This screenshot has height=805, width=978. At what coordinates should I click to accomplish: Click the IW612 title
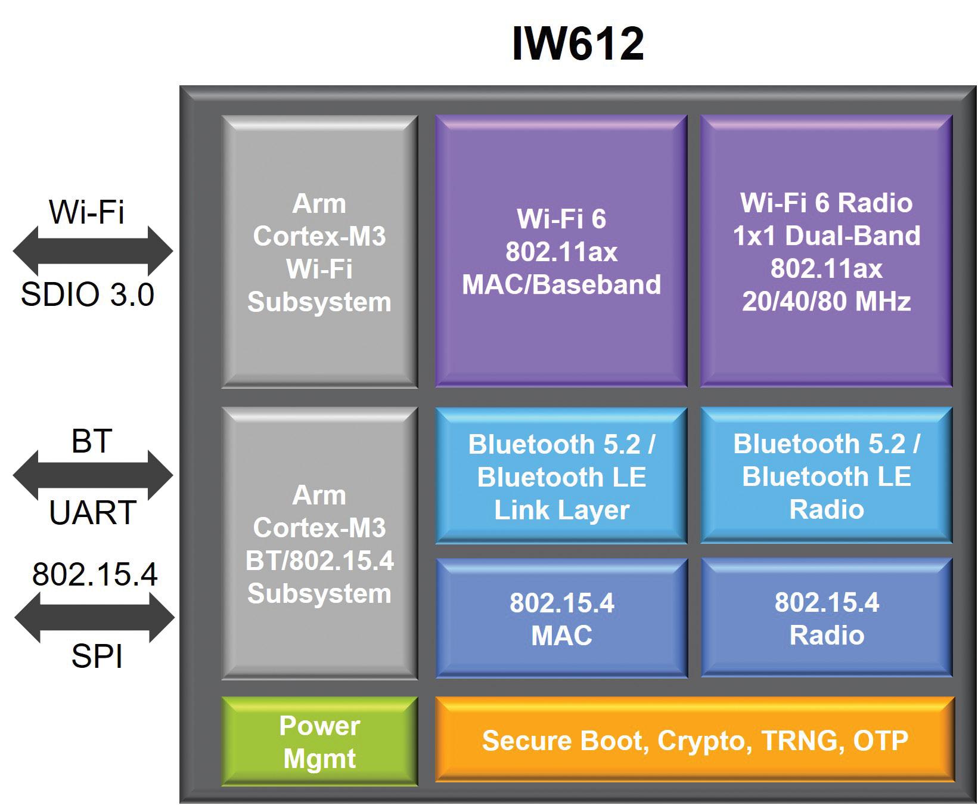(578, 43)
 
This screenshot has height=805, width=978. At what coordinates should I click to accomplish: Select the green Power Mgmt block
(319, 741)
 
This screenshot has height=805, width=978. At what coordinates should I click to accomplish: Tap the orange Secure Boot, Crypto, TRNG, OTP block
(695, 740)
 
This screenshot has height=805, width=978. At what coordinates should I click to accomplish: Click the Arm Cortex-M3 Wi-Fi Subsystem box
(319, 252)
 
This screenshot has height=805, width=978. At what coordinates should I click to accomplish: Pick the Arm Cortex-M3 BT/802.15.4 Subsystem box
(319, 544)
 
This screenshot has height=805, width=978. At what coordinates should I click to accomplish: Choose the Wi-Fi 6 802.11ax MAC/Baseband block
(561, 251)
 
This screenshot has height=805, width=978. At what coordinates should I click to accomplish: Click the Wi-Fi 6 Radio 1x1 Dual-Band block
(826, 251)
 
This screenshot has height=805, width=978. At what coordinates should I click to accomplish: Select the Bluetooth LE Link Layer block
(561, 476)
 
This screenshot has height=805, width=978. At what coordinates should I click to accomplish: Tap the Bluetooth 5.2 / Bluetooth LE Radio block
(826, 476)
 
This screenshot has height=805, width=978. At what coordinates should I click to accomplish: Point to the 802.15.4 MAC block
(561, 618)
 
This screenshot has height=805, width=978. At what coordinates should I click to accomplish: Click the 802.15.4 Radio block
(826, 618)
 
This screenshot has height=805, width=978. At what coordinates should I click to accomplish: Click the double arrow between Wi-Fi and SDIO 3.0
(93, 251)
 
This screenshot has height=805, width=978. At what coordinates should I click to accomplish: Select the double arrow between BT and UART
(93, 475)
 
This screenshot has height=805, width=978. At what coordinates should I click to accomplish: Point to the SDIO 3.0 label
(88, 295)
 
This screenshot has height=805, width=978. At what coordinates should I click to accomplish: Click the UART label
(93, 513)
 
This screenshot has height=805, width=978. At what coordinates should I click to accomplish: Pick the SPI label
(97, 657)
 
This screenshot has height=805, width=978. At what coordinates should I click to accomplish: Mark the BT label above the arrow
(92, 442)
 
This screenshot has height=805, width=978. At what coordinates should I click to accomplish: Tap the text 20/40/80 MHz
(826, 301)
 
